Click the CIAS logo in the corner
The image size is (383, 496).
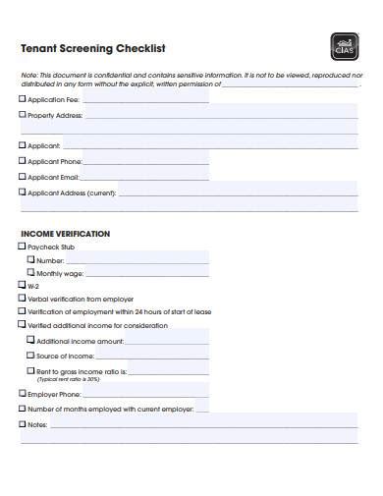345,45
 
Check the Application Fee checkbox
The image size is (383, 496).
23,99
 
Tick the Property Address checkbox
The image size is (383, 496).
23,115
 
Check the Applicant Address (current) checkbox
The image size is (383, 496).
23,193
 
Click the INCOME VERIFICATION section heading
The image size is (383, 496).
65,234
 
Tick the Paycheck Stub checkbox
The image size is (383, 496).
23,247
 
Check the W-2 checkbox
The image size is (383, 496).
23,286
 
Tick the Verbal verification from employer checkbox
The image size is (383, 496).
23,299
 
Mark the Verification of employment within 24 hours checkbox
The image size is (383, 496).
23,311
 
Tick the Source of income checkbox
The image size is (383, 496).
30,355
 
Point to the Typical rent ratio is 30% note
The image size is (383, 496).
69,378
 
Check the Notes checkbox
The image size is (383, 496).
23,424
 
